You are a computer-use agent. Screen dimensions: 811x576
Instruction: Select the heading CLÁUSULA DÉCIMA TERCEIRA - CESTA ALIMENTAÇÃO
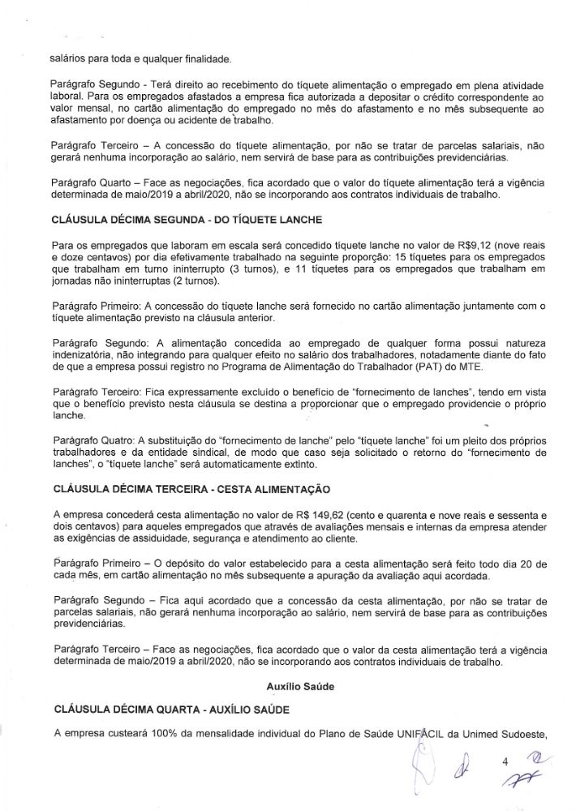(191, 491)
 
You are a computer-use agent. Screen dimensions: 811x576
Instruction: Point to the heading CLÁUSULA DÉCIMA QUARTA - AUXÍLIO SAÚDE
(170, 710)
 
